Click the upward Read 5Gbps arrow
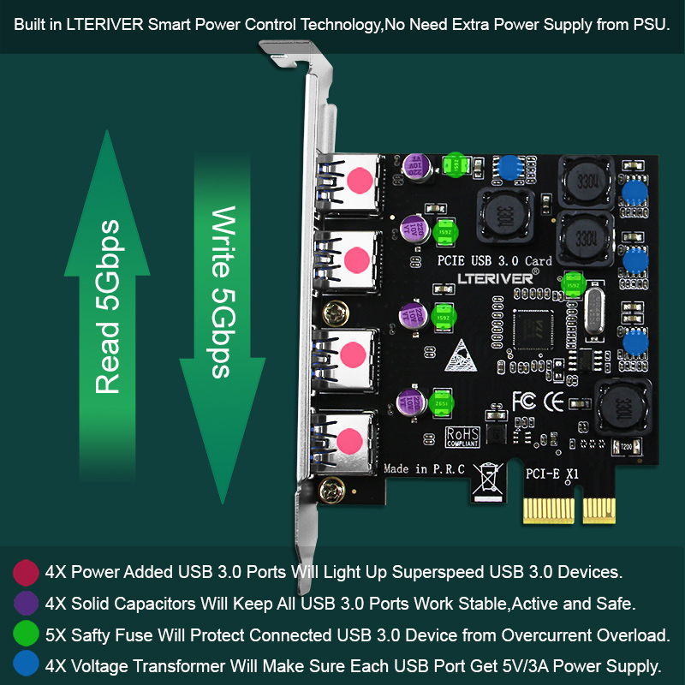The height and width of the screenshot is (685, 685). (x=107, y=283)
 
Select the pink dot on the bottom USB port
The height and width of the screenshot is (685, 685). (x=349, y=441)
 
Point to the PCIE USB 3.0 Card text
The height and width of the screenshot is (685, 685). (x=494, y=259)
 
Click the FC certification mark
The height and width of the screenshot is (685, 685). (x=523, y=400)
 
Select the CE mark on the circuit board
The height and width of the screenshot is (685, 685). (x=554, y=400)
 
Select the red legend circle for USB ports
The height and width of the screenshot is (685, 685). (x=27, y=572)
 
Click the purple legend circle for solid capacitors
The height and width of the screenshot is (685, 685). (x=27, y=604)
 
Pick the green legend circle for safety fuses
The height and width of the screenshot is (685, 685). (x=27, y=635)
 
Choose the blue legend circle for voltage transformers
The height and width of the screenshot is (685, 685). (x=27, y=666)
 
